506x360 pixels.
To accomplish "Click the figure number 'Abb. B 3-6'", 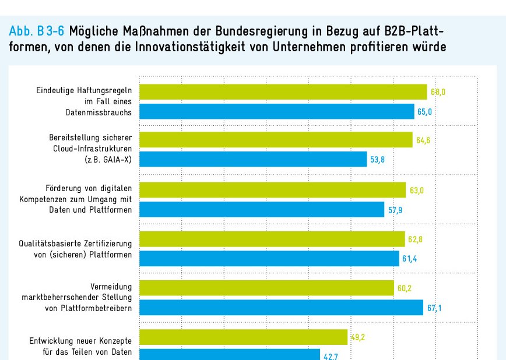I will (36, 31).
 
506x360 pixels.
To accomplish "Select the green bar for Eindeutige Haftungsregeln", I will (283, 92).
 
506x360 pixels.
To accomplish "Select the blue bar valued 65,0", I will (277, 111).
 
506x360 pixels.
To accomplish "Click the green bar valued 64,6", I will (276, 140).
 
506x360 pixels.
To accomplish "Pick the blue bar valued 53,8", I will (253, 159).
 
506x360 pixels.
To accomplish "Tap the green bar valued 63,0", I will (272, 190).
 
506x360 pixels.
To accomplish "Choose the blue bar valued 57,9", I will (262, 210).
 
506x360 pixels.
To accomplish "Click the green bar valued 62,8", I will (272, 239).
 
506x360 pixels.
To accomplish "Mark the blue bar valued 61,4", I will (269, 258).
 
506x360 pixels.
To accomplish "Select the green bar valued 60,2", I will (266, 288).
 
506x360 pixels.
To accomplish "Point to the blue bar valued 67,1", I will (281, 307).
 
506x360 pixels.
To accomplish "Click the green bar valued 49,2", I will (244, 337).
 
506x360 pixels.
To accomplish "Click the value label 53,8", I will (378, 160).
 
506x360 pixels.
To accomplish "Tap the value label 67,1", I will (434, 308).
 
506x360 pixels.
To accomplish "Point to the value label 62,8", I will (415, 239).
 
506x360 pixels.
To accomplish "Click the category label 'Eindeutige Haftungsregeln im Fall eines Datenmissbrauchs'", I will (84, 101).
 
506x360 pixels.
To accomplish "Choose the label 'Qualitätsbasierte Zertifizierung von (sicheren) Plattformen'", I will (76, 249).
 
